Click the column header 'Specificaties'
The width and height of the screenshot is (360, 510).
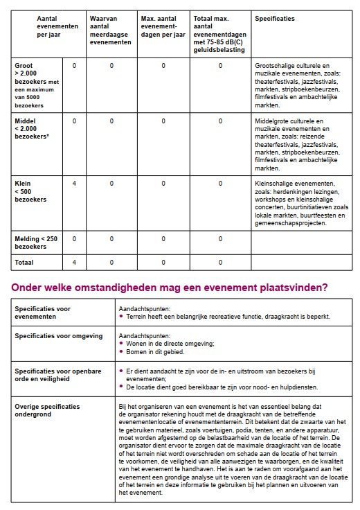coord(275,18)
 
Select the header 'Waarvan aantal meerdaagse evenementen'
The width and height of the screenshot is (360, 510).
coord(111,30)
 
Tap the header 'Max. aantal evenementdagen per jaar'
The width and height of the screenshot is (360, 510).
coord(163,24)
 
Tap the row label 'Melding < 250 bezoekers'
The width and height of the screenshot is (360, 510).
coord(37,243)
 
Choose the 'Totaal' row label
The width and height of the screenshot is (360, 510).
coord(24,263)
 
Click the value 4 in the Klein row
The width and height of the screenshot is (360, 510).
coord(74,184)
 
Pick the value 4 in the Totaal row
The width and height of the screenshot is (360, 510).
coord(74,263)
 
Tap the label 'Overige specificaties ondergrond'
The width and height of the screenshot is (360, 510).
coord(47,411)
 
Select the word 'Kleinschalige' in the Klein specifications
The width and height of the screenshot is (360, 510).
coord(276,184)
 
